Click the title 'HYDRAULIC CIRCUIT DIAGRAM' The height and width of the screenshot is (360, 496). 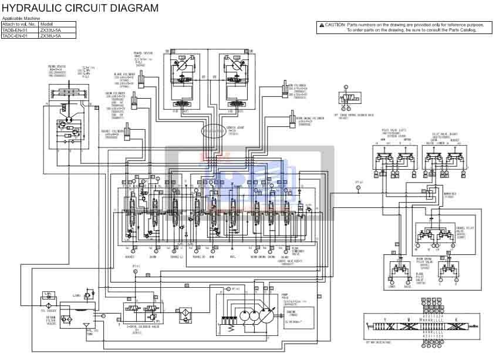pos(80,8)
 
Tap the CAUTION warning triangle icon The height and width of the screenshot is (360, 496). pos(321,25)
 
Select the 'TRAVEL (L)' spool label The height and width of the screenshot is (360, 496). pos(177,257)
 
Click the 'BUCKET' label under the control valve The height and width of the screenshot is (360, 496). pos(130,257)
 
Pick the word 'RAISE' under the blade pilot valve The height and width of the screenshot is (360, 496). pos(406,287)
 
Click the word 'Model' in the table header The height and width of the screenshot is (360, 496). pos(45,24)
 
